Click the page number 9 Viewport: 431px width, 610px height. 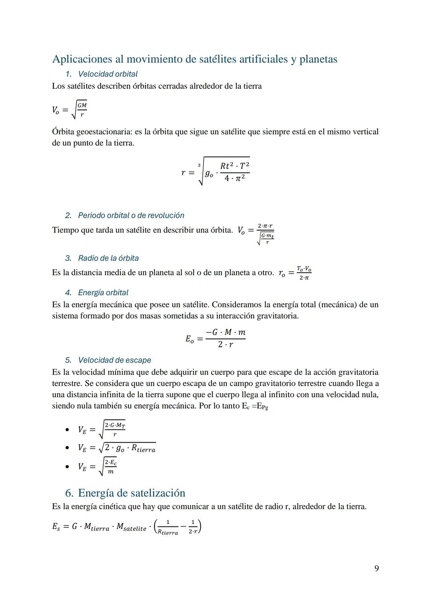tap(376, 568)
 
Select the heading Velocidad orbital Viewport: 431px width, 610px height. tap(108, 74)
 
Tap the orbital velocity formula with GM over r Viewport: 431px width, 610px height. tap(69, 109)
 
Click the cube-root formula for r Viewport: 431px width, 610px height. tap(215, 172)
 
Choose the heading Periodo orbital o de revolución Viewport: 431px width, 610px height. tap(131, 215)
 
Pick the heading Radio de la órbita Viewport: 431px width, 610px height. tap(108, 258)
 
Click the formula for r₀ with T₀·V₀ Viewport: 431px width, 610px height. tap(295, 273)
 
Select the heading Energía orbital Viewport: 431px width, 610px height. tap(103, 292)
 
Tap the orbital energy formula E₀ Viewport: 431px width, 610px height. tap(215, 338)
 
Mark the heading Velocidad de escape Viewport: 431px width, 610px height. tap(115, 360)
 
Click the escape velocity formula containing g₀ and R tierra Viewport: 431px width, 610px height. tap(117, 448)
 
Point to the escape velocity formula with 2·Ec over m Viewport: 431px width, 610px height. tap(97, 466)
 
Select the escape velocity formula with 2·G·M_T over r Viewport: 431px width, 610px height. tap(101, 429)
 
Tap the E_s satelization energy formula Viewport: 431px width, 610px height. tap(127, 527)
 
